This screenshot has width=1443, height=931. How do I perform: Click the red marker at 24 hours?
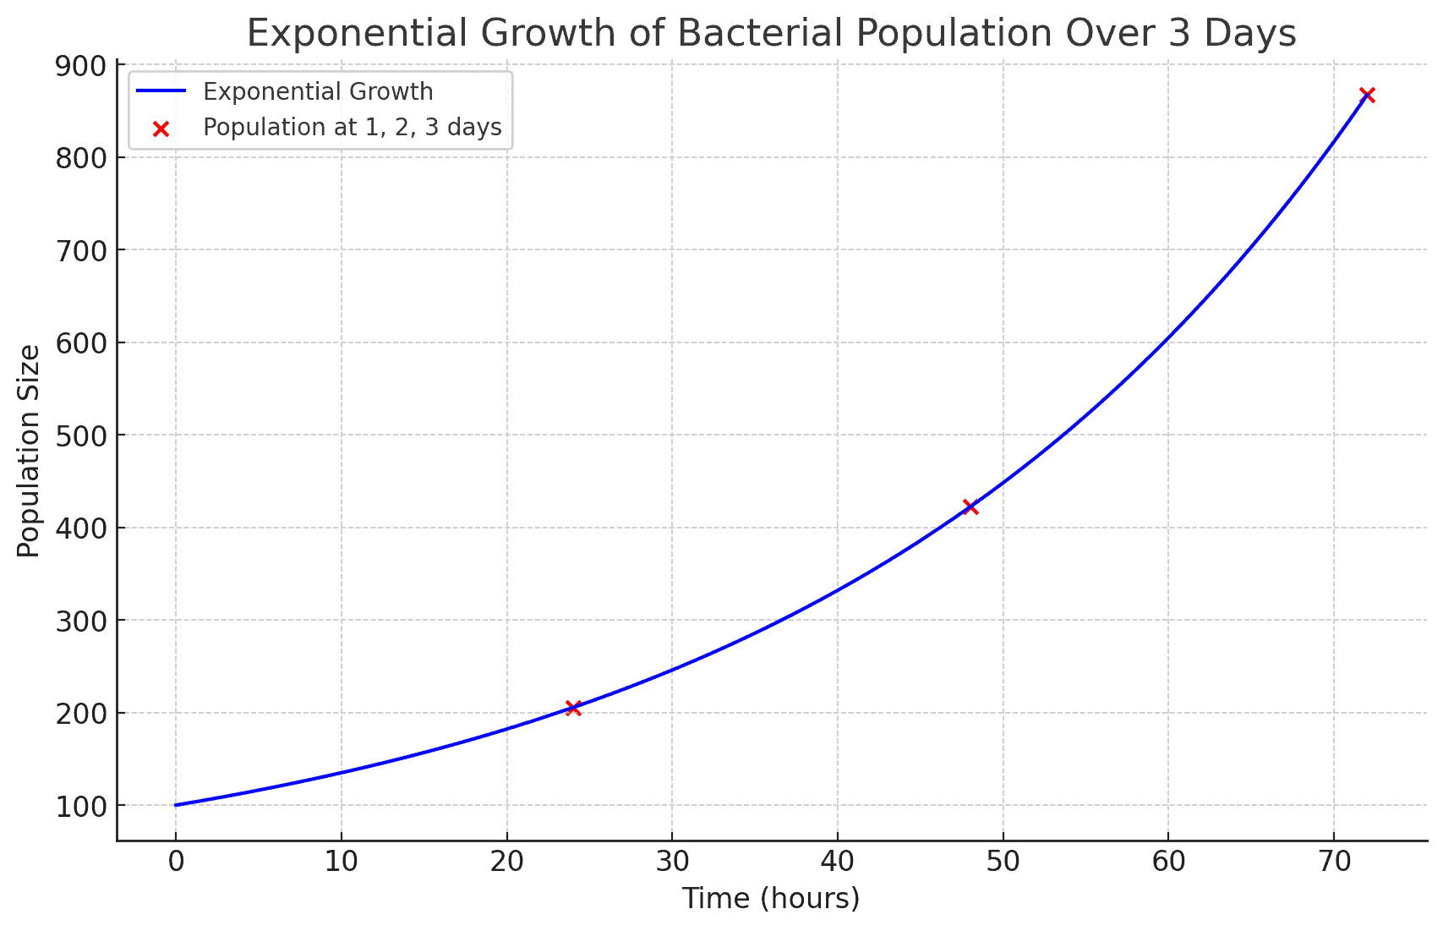pyautogui.click(x=573, y=708)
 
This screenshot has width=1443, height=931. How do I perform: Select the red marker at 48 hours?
pyautogui.click(x=970, y=507)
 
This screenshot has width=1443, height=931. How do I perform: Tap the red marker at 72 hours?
pyautogui.click(x=1367, y=95)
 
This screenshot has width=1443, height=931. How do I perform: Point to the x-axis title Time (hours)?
pyautogui.click(x=771, y=898)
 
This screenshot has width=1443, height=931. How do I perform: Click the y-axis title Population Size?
pyautogui.click(x=30, y=451)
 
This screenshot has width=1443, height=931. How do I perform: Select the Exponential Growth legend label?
pyautogui.click(x=318, y=91)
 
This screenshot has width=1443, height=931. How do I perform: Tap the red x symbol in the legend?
pyautogui.click(x=161, y=129)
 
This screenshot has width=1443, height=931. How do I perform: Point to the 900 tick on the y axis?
pyautogui.click(x=81, y=66)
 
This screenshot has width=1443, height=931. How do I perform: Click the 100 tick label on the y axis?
pyautogui.click(x=81, y=806)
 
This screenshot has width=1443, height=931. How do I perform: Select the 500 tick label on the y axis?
pyautogui.click(x=81, y=435)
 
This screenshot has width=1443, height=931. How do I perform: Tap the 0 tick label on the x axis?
pyautogui.click(x=176, y=862)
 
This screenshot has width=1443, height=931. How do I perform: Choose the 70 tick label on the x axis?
pyautogui.click(x=1333, y=862)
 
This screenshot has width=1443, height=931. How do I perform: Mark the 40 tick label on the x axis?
pyautogui.click(x=837, y=862)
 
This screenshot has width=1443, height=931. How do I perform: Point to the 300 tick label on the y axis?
pyautogui.click(x=81, y=621)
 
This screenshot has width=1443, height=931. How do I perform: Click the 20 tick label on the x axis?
pyautogui.click(x=506, y=862)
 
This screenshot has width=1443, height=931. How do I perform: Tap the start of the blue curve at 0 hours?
pyautogui.click(x=176, y=805)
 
